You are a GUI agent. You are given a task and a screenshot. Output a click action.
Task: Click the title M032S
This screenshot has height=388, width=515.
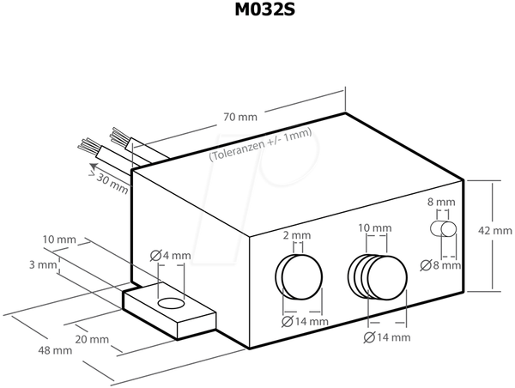264,9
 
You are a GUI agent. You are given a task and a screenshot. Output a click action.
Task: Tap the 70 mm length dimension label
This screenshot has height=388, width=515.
240,117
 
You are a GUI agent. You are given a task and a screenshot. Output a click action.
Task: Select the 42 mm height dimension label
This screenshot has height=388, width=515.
495,231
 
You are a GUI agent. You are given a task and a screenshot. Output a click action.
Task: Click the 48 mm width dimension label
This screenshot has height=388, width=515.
55,350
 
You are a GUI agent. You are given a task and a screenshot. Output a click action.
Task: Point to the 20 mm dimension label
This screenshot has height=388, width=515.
92,339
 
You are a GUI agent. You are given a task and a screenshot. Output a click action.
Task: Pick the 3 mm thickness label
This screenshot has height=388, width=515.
43,264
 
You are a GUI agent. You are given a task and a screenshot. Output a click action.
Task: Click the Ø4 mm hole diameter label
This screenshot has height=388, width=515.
171,255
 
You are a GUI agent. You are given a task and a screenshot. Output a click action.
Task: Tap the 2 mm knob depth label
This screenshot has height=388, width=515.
297,235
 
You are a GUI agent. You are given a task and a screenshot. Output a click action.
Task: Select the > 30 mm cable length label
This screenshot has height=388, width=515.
109,183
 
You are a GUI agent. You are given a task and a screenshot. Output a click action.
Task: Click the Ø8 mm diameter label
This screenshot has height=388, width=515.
440,265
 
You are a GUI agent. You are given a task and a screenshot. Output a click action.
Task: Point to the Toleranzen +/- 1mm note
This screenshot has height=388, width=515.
260,144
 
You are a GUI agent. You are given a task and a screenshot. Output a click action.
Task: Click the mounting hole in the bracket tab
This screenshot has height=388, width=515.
171,303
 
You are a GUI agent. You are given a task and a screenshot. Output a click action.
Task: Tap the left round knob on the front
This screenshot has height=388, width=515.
299,276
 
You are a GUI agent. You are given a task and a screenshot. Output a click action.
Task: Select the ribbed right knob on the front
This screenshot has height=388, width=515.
378,277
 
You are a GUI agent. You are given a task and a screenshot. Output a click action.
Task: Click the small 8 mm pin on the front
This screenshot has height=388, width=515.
443,229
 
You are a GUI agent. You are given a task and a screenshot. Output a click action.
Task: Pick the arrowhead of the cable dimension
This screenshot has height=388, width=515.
94,166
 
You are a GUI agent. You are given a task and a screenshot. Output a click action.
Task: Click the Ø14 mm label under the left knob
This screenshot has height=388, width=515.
305,321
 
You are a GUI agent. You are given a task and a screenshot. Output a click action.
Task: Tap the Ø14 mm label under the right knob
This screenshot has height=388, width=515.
387,337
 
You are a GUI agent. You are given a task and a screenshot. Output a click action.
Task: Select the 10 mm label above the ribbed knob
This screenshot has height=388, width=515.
375,227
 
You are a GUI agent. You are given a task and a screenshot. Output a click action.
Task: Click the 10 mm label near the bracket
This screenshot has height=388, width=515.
59,239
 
